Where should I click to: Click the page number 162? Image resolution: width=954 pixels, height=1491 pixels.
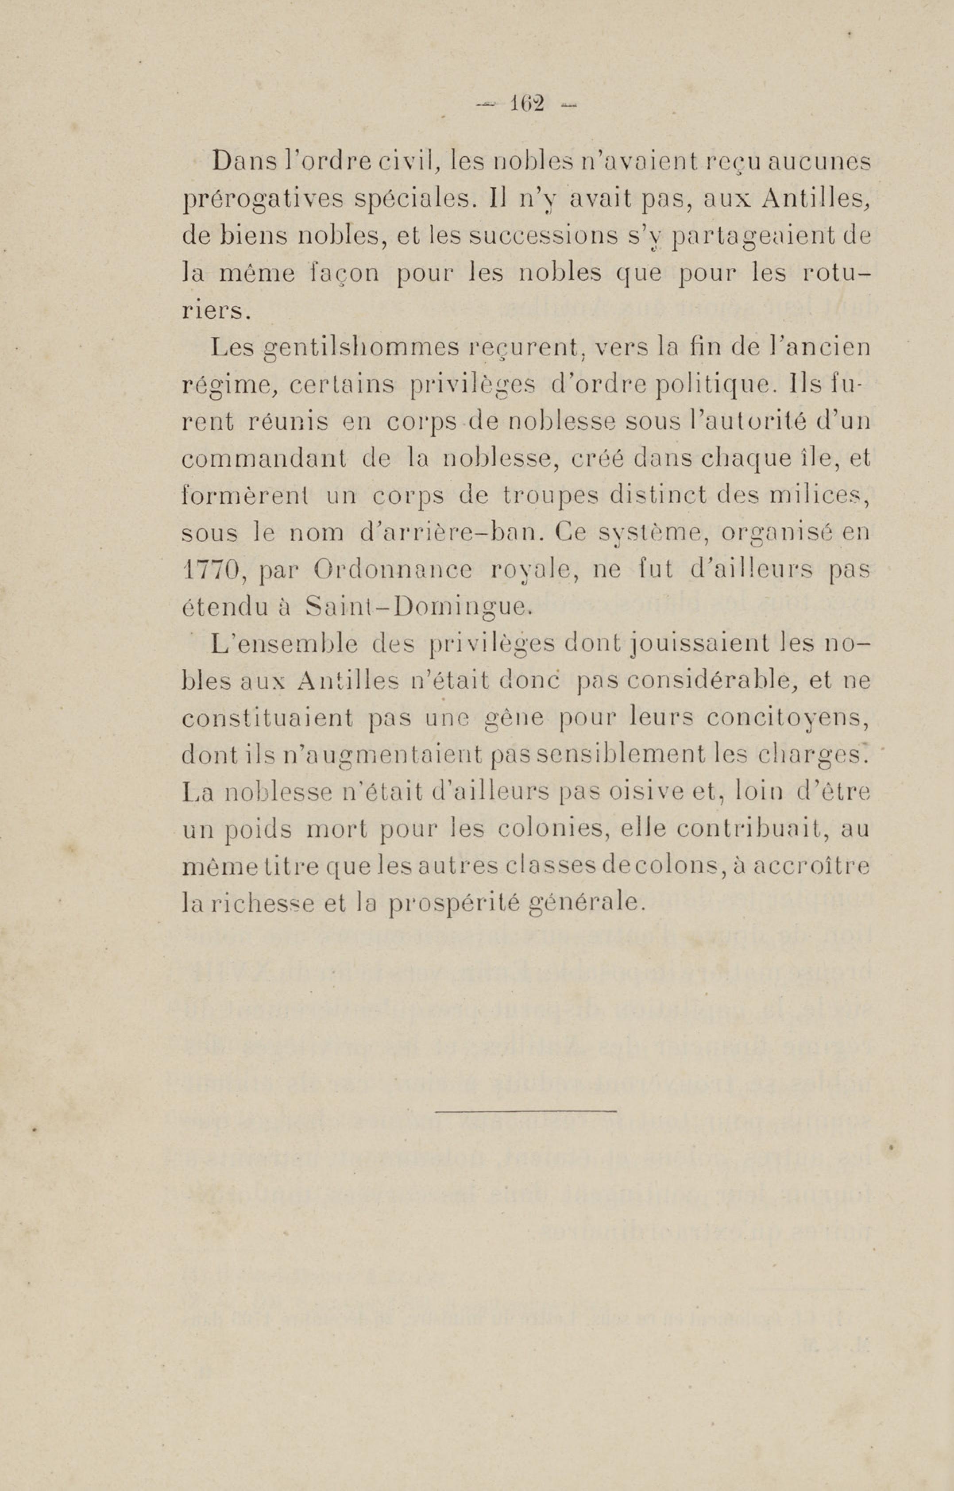526,104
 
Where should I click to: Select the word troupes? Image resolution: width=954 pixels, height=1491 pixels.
552,497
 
